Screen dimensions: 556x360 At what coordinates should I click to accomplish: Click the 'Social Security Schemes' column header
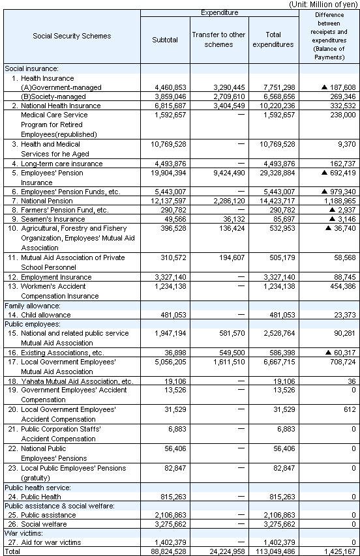coord(72,36)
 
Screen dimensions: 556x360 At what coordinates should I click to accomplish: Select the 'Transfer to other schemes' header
coord(218,40)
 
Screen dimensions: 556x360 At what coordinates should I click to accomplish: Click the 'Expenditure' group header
coord(218,12)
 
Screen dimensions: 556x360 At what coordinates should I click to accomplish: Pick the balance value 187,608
coord(337,86)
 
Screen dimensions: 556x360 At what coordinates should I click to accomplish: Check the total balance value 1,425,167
coord(340,551)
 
